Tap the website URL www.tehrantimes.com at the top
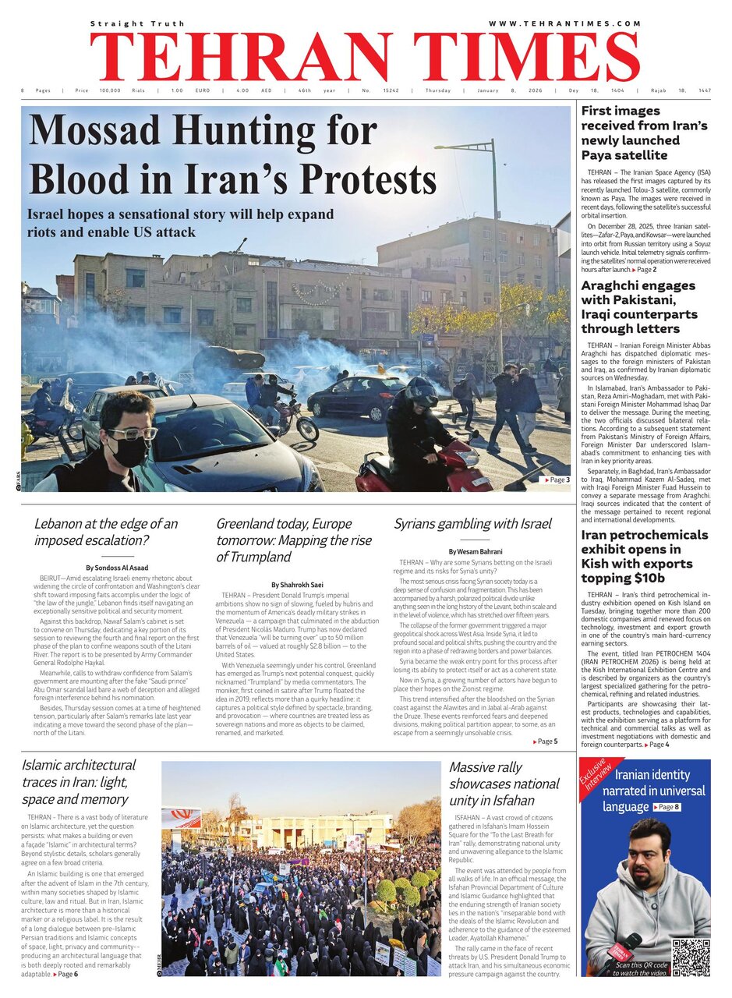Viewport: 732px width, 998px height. (564, 24)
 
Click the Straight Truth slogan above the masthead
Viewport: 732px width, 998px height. (137, 24)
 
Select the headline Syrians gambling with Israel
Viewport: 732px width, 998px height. (472, 523)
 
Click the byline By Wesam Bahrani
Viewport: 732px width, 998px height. (475, 552)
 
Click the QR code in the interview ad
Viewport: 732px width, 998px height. (691, 958)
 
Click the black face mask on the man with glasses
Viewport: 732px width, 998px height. (129, 451)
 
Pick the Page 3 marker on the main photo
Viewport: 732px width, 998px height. (557, 480)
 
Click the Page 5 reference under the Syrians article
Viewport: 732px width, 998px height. (546, 741)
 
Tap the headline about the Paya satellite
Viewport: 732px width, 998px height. (644, 133)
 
